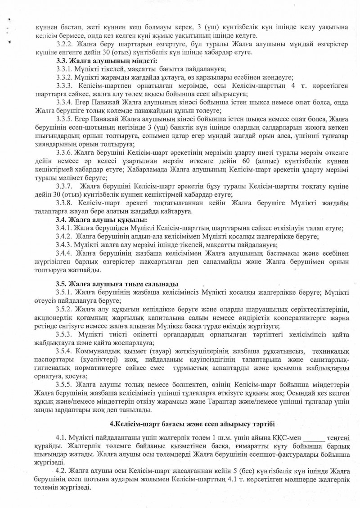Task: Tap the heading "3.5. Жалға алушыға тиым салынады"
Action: coord(117,284)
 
